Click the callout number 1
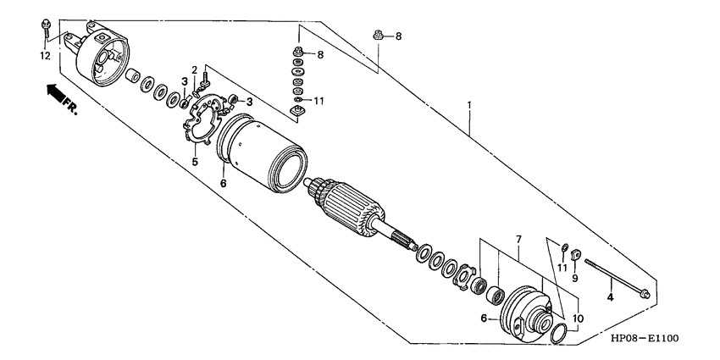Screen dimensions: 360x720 [x=468, y=108]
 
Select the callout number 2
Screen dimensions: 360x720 [x=194, y=69]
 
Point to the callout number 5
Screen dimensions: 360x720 [x=194, y=161]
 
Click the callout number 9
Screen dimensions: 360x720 [x=574, y=277]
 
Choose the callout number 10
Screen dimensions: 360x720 [x=579, y=321]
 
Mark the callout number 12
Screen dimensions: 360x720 [x=44, y=56]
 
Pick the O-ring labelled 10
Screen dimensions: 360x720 [x=555, y=333]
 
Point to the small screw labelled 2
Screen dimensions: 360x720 [x=203, y=81]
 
